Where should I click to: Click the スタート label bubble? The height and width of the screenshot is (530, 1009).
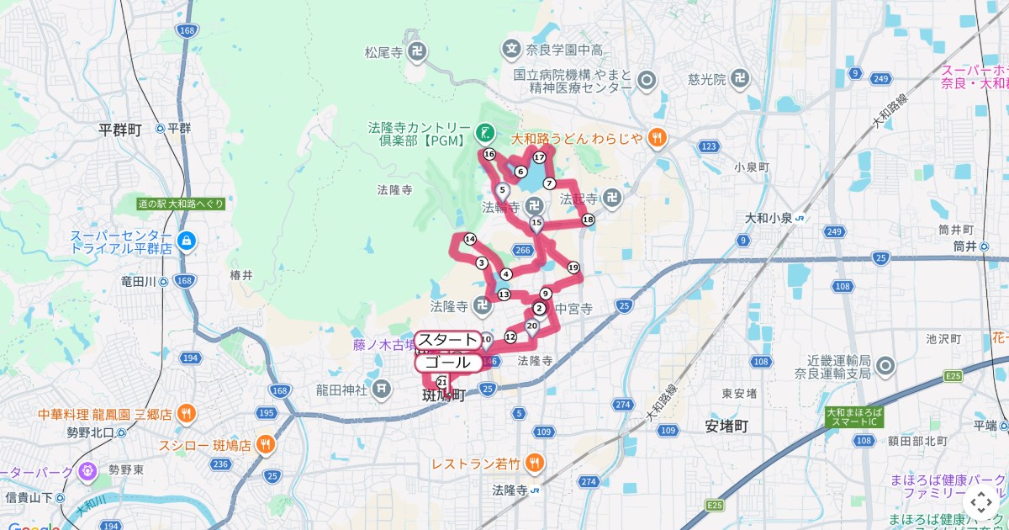[447, 340]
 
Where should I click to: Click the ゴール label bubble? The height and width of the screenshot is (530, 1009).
[447, 363]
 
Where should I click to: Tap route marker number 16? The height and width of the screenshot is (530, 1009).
[489, 154]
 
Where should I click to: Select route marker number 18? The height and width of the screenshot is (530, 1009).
[587, 220]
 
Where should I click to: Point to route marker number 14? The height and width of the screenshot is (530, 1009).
[470, 239]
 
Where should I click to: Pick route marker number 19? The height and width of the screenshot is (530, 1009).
[573, 268]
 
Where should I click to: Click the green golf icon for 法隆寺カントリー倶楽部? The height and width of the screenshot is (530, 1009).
[484, 132]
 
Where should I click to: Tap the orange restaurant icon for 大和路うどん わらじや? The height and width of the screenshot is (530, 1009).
[658, 137]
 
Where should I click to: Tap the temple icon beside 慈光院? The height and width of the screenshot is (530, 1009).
[739, 79]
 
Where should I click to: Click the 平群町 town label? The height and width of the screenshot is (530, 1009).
[120, 129]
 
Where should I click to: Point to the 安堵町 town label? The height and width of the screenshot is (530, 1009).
[726, 426]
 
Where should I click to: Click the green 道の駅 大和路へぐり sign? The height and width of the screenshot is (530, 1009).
[182, 204]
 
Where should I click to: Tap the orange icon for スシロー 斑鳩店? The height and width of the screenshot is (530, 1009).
[266, 445]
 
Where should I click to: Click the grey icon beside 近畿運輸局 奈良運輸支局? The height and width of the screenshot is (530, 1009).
[885, 366]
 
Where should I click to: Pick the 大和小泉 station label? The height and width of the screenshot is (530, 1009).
[769, 218]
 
